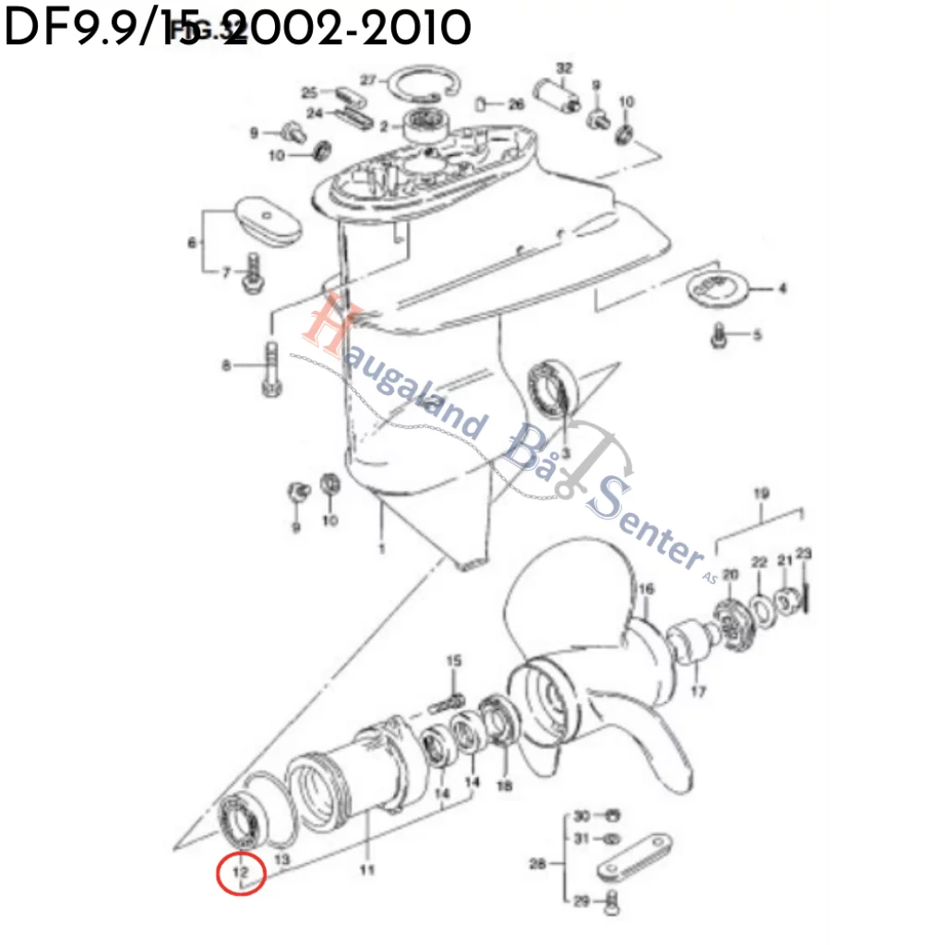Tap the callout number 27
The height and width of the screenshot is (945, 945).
pyautogui.click(x=368, y=80)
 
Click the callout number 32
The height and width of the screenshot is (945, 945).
pyautogui.click(x=565, y=67)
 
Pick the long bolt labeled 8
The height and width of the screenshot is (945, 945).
pyautogui.click(x=272, y=367)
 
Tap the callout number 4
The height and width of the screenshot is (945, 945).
pyautogui.click(x=782, y=289)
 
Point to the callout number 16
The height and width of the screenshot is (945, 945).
pyautogui.click(x=646, y=589)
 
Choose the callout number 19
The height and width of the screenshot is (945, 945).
pyautogui.click(x=760, y=494)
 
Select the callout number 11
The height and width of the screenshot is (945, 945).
pyautogui.click(x=367, y=870)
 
